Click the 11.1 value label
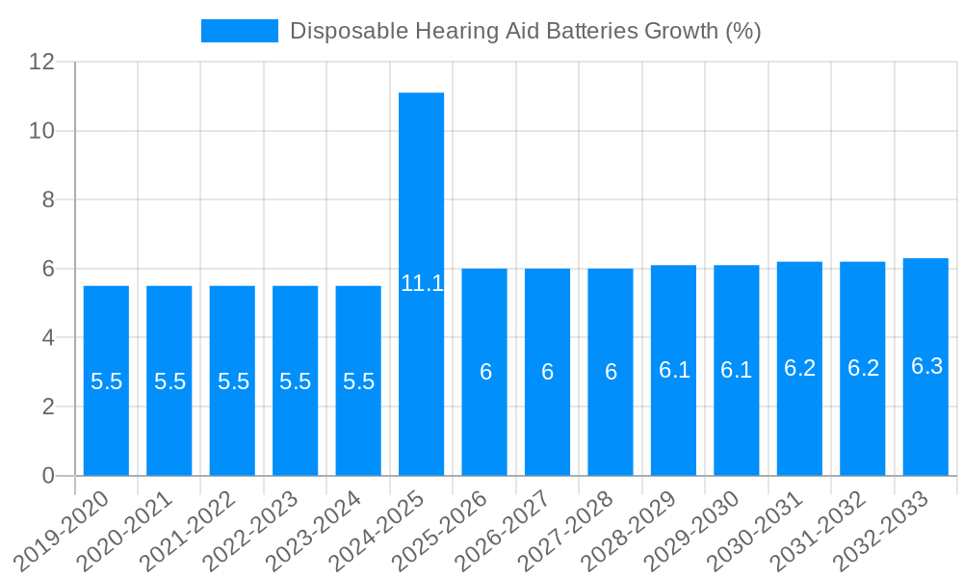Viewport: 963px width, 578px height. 422,283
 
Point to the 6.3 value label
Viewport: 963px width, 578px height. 926,366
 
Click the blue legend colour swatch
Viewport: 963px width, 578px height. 239,31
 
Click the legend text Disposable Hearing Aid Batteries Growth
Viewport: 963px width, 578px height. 525,31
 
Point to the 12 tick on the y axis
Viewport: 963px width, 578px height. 41,62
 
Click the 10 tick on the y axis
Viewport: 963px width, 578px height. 41,131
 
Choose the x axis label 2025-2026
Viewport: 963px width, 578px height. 443,532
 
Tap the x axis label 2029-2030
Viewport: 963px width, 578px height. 695,532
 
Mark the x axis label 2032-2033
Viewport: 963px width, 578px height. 884,532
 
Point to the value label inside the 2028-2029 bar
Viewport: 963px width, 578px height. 674,370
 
